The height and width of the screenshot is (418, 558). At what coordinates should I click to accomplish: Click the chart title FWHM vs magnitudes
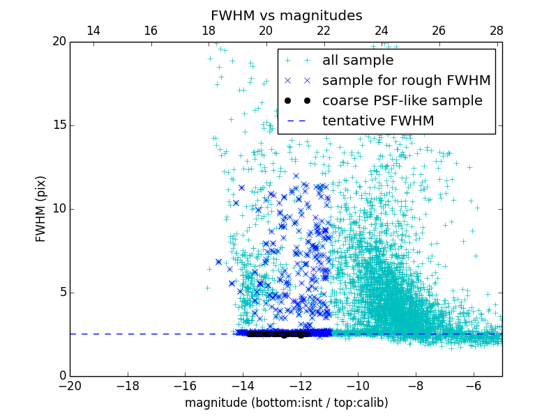286,15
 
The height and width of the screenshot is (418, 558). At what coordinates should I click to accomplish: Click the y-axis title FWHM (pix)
41,209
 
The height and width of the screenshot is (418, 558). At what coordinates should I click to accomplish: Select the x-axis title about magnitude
286,403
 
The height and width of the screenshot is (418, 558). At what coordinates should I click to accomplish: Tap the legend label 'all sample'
358,61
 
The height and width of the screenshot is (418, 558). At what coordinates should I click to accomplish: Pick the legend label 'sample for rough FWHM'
406,81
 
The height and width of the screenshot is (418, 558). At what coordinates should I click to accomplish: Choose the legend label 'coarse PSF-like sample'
402,101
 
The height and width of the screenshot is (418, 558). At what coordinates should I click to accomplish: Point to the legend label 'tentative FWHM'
378,121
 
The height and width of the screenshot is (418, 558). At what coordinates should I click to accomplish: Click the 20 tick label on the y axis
58,42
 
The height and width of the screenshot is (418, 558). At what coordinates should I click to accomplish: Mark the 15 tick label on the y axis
58,125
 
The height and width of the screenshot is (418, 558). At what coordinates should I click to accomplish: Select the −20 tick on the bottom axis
70,386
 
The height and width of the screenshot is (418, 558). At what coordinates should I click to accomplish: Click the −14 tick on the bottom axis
243,386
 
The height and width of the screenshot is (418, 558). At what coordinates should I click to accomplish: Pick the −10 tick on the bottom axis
358,386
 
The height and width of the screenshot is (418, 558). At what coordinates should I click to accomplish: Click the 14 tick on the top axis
93,31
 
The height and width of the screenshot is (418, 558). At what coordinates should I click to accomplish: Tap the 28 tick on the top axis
496,31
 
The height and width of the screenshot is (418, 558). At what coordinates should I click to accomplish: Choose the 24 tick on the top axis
381,31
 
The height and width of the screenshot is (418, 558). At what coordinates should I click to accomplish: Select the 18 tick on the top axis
208,31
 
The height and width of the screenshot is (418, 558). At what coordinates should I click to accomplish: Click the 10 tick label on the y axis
58,209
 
